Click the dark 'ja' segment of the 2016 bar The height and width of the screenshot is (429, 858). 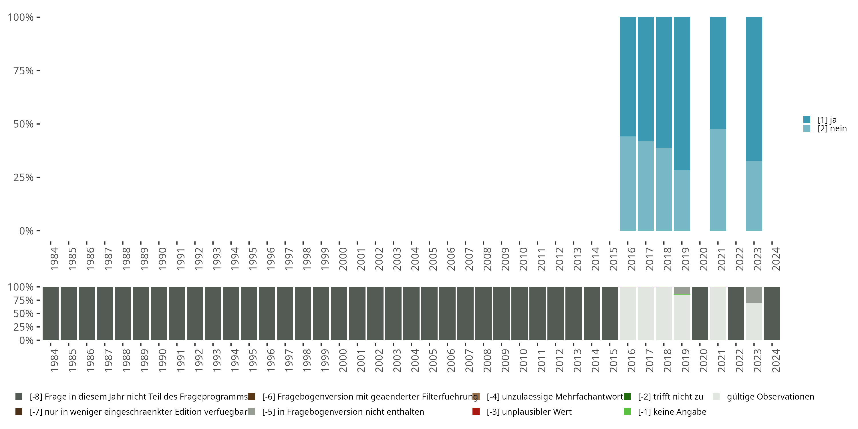(x=627, y=77)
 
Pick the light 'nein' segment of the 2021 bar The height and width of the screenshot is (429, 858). (x=718, y=180)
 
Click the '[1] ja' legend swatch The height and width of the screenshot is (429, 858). (x=807, y=120)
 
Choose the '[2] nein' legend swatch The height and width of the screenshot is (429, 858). (x=807, y=128)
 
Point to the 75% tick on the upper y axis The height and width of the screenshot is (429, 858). (x=23, y=71)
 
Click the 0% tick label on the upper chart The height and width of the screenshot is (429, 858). (x=26, y=231)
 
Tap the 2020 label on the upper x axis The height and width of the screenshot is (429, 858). (x=703, y=259)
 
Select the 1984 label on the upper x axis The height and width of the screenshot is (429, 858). (x=54, y=259)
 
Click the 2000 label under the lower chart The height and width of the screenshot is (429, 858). (x=343, y=361)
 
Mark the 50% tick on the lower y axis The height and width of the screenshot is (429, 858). (x=23, y=314)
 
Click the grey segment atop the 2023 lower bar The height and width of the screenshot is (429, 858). (x=754, y=295)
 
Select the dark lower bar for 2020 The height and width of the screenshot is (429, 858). (x=700, y=313)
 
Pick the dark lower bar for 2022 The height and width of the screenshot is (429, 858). (x=736, y=313)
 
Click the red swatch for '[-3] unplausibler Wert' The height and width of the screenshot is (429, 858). (x=476, y=412)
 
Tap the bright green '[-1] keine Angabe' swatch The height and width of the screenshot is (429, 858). (x=627, y=412)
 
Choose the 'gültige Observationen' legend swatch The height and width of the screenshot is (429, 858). (x=716, y=397)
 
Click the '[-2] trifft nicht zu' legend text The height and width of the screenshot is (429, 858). (x=670, y=397)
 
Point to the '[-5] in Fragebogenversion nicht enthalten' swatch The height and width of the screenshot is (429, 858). (x=252, y=412)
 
